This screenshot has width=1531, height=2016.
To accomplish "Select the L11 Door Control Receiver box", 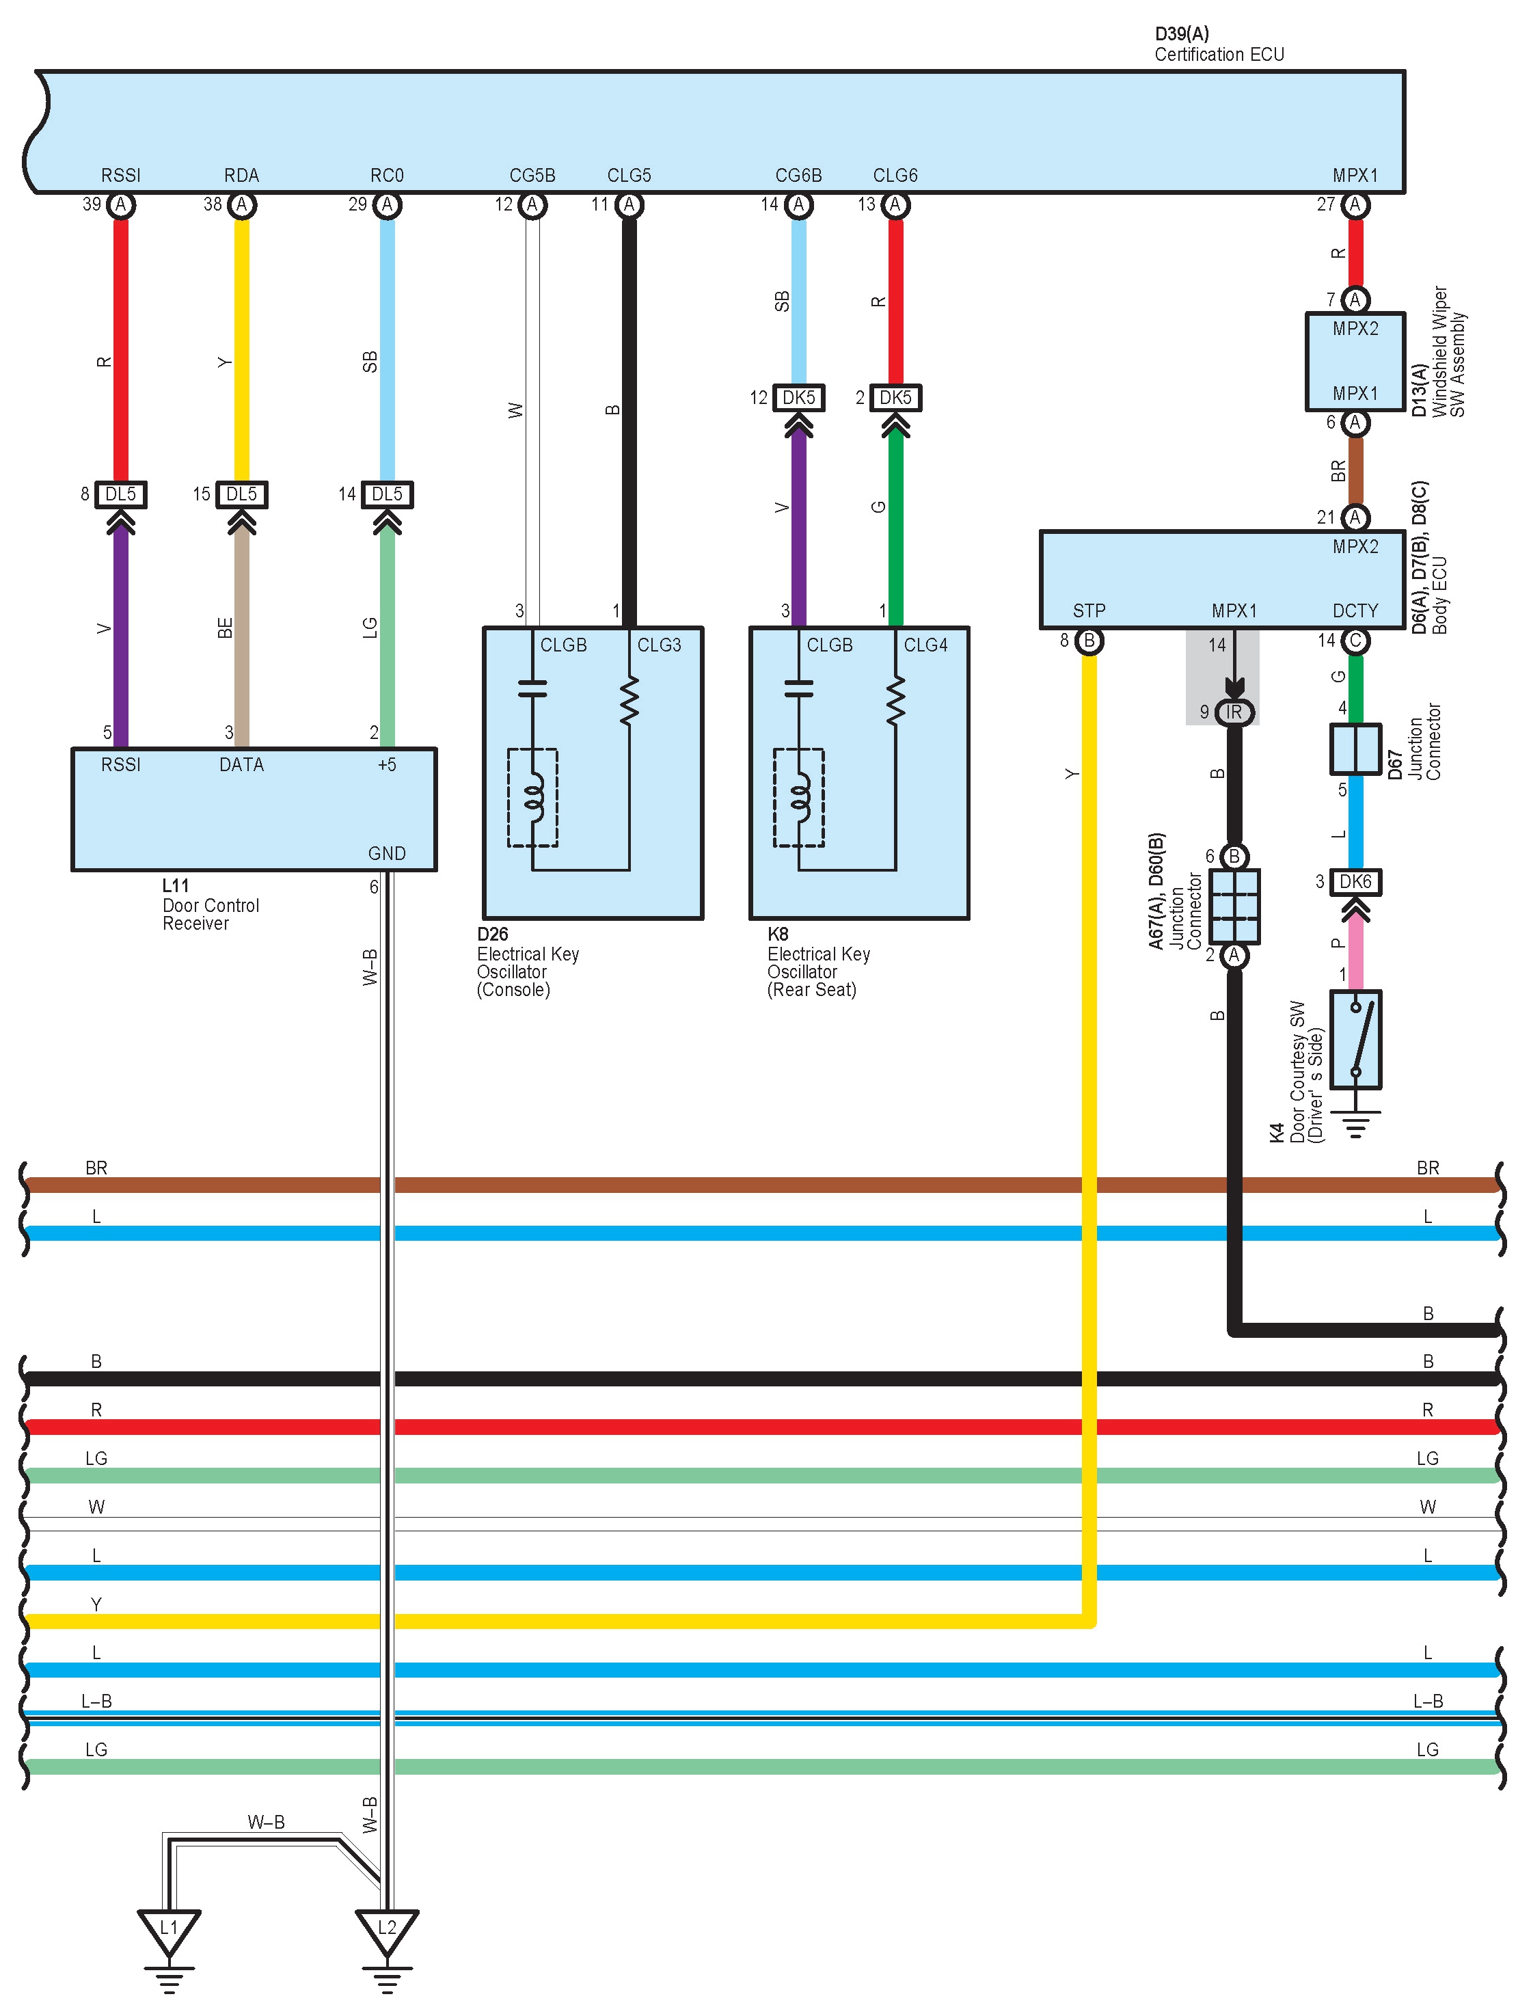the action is pyautogui.click(x=254, y=809).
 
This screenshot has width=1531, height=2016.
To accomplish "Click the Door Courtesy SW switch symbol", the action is pyautogui.click(x=1356, y=1040).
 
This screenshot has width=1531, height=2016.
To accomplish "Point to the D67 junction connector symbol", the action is pyautogui.click(x=1356, y=749).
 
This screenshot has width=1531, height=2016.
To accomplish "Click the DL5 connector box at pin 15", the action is pyautogui.click(x=241, y=495).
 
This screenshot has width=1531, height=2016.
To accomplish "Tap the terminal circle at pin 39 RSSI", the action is pyautogui.click(x=121, y=205).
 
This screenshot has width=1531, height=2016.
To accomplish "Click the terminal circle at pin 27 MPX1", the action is pyautogui.click(x=1356, y=205).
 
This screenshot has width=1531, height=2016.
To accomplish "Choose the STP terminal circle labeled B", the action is pyautogui.click(x=1089, y=641).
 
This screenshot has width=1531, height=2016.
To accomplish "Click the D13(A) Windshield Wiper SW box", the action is pyautogui.click(x=1356, y=361).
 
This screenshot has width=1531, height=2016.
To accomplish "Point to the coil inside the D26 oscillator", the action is pyautogui.click(x=532, y=798).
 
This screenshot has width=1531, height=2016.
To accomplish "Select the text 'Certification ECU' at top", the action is pyautogui.click(x=1219, y=55).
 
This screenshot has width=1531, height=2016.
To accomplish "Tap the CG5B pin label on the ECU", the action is pyautogui.click(x=532, y=175).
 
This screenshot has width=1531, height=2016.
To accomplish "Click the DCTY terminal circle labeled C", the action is pyautogui.click(x=1356, y=641).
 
